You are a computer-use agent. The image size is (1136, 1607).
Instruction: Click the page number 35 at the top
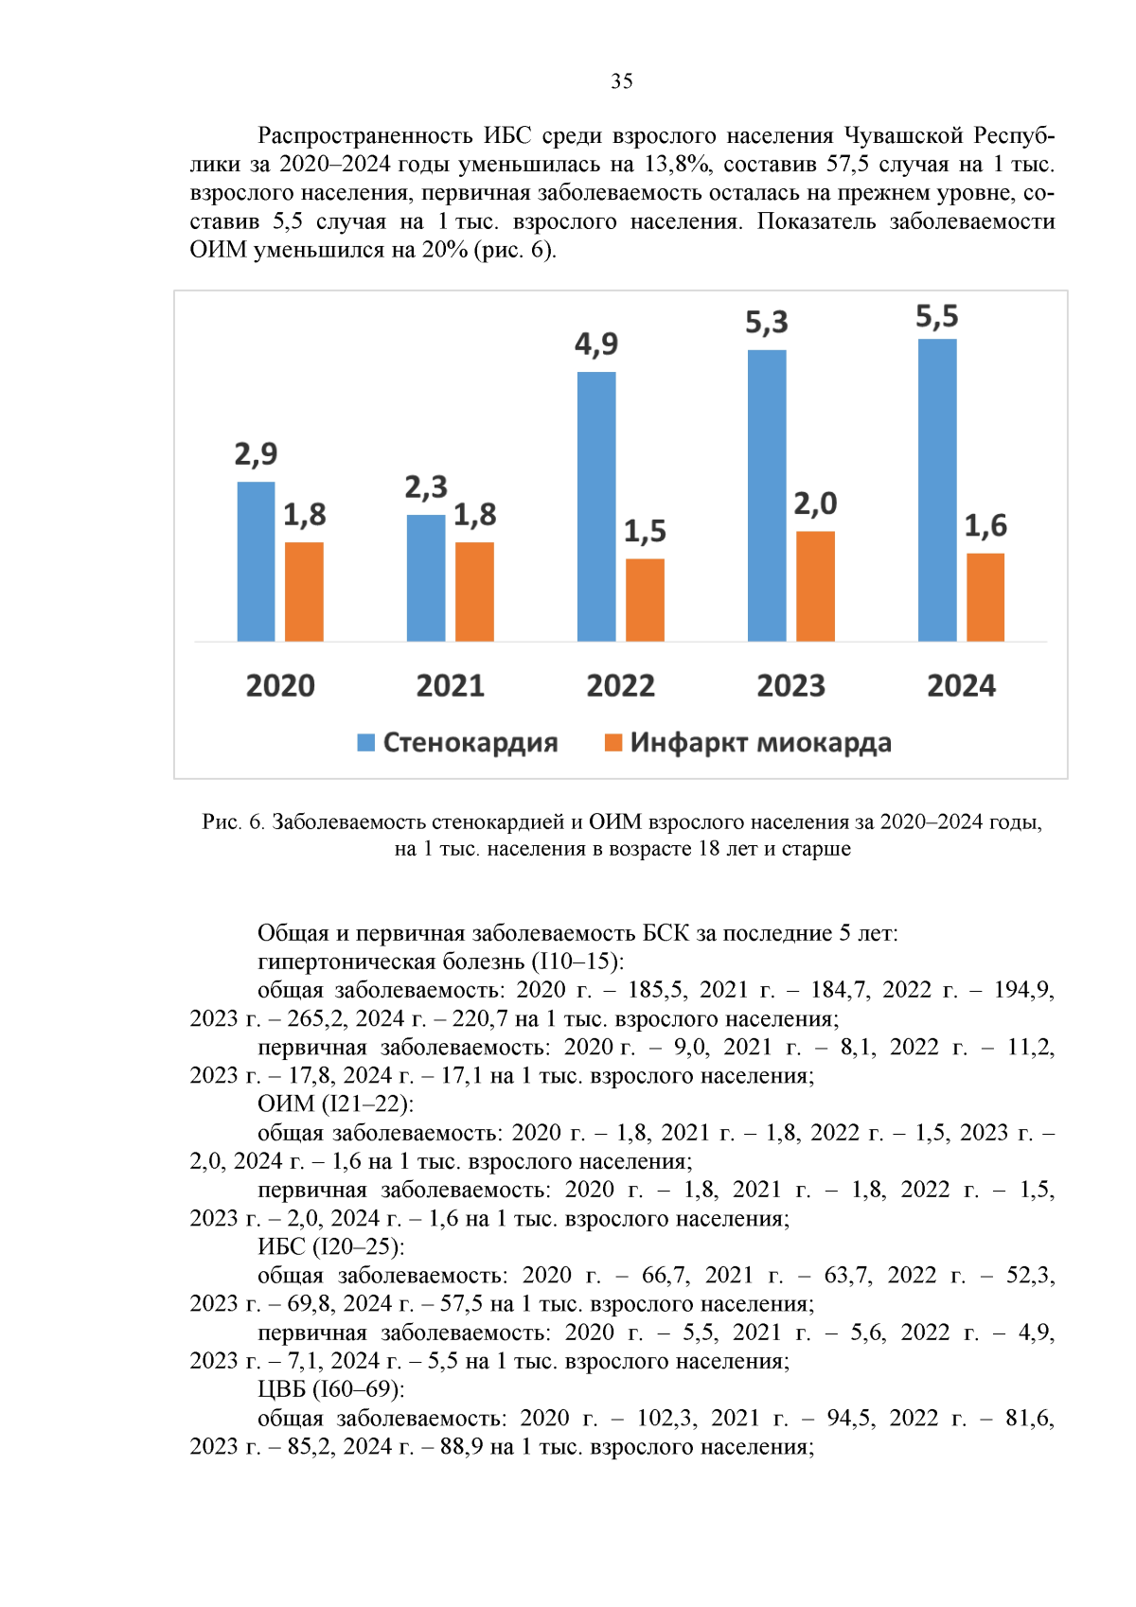(622, 81)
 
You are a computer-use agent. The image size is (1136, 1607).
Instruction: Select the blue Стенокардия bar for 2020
(256, 561)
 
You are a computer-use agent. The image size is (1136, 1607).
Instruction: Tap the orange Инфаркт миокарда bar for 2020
(304, 592)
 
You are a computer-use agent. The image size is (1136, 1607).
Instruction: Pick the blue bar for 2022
(596, 506)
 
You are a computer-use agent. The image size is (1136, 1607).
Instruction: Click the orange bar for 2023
(815, 586)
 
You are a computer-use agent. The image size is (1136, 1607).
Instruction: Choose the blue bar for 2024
(937, 490)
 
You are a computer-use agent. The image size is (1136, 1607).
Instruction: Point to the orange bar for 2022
(645, 600)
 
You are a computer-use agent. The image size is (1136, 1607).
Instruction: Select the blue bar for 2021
(426, 577)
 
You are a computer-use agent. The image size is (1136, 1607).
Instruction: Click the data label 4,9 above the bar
(596, 344)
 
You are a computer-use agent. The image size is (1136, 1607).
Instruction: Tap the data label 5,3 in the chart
(767, 323)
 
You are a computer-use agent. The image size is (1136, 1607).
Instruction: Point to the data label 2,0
(815, 503)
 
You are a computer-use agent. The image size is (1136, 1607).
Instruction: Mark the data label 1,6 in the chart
(985, 525)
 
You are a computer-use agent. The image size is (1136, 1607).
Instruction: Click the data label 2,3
(426, 487)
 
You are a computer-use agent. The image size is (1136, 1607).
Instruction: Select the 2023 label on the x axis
(790, 685)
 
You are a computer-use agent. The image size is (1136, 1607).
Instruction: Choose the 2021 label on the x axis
(451, 685)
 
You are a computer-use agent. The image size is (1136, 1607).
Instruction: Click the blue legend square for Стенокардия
(365, 743)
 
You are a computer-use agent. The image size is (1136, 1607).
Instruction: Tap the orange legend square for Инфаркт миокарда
(613, 743)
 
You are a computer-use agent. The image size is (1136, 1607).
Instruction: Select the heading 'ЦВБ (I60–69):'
(330, 1389)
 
